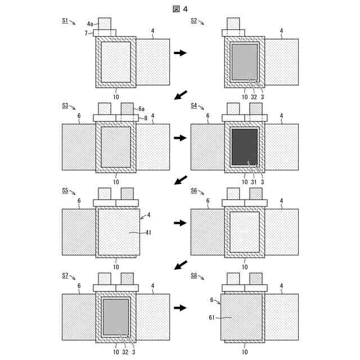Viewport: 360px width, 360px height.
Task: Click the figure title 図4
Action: (180, 8)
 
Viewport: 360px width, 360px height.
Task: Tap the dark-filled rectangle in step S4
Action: (245, 147)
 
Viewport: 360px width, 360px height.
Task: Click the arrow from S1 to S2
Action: (180, 53)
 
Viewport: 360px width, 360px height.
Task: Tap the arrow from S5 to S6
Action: (180, 223)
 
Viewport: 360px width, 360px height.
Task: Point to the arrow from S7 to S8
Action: (180, 308)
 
